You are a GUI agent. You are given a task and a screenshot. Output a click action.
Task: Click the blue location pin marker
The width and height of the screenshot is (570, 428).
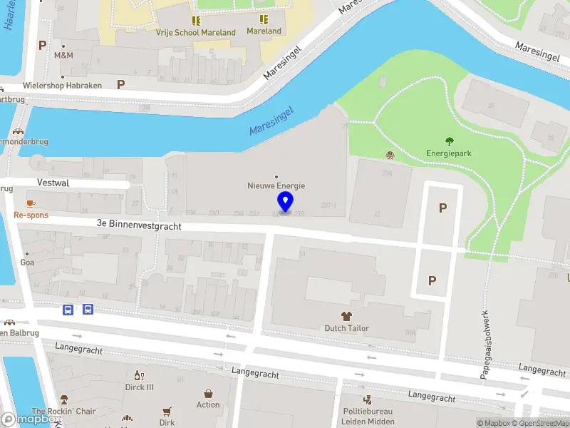(286, 202)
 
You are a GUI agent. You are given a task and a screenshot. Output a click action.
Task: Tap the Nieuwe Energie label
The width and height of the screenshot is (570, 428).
(276, 185)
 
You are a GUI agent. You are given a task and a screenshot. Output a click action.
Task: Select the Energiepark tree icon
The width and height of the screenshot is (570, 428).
(449, 141)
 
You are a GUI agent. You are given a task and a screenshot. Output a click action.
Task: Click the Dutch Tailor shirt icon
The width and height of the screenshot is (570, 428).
(347, 316)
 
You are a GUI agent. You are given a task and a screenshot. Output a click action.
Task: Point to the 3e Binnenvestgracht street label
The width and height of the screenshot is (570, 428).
(139, 224)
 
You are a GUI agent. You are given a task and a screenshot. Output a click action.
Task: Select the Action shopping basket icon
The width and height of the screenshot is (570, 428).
(208, 394)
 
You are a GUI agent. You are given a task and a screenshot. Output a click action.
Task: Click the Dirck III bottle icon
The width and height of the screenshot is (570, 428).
(140, 376)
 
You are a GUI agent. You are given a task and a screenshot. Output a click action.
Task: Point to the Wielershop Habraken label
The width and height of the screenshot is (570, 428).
(62, 85)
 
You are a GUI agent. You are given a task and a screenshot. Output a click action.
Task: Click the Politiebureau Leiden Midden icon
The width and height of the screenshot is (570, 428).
(368, 400)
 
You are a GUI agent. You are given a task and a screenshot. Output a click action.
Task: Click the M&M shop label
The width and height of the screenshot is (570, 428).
(63, 55)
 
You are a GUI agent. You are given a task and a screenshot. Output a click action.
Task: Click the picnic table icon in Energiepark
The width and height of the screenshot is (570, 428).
(390, 155)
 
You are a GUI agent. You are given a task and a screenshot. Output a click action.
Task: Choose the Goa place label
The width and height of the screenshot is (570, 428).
(27, 262)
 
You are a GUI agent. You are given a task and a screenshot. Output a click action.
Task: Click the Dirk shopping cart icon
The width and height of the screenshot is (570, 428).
(167, 412)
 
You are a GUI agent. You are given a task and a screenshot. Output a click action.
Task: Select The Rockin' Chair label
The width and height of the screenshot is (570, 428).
(63, 412)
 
